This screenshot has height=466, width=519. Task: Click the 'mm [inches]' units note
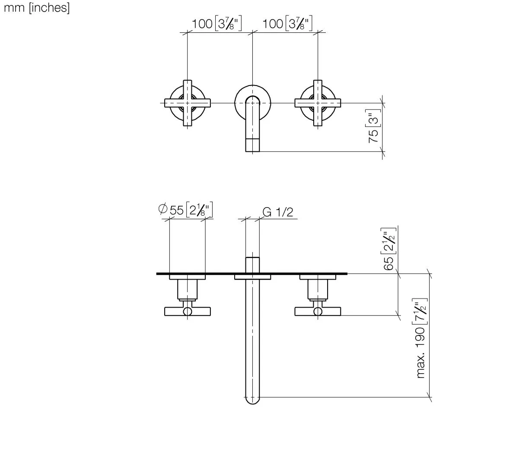(36, 8)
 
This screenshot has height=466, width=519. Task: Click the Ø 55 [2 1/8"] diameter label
(186, 210)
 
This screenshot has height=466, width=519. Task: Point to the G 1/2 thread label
(278, 212)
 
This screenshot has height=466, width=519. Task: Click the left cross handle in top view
(188, 103)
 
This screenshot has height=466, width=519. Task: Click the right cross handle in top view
(318, 103)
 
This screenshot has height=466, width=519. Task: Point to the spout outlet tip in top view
(253, 145)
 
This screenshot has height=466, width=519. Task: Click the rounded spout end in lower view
(253, 399)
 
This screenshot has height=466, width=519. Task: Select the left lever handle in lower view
(188, 311)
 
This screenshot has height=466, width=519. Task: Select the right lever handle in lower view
(318, 311)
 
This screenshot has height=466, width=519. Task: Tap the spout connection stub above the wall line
(253, 264)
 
